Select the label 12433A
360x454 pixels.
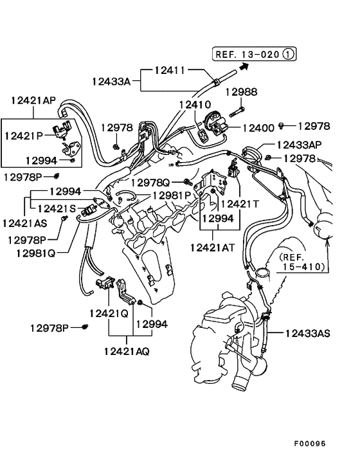[111, 81]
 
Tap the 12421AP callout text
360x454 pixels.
[33, 100]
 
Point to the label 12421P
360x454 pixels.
[23, 136]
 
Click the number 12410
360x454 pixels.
[195, 104]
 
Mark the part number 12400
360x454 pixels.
[258, 128]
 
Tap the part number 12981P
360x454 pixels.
[172, 195]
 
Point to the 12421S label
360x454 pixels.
[57, 208]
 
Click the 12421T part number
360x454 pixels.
[239, 204]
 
